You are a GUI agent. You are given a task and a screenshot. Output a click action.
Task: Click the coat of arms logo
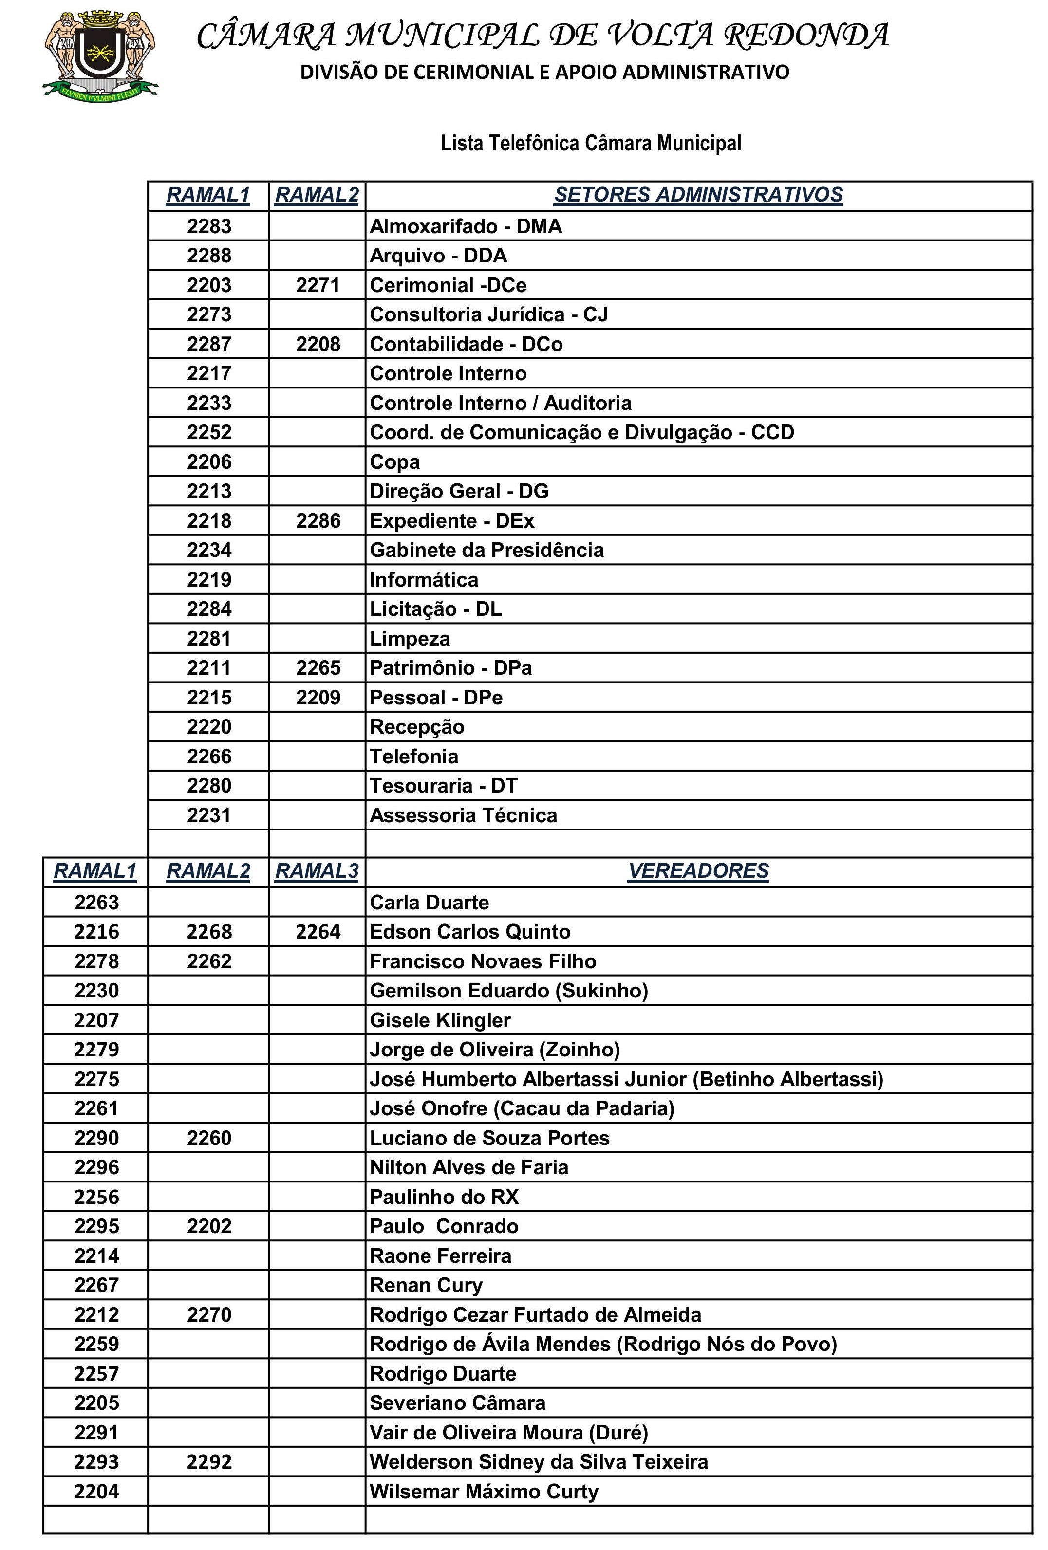point(100,54)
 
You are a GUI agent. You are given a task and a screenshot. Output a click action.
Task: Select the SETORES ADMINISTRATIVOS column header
point(698,195)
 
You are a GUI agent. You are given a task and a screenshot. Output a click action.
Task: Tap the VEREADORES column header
point(698,870)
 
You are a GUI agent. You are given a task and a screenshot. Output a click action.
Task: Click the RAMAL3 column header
point(317,870)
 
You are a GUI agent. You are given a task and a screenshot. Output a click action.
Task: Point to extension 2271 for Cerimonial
point(318,285)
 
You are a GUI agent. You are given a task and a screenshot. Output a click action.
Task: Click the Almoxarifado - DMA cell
point(466,227)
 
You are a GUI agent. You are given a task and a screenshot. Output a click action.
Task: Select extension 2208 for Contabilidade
point(318,344)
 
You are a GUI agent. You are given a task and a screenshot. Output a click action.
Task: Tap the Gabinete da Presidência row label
point(487,550)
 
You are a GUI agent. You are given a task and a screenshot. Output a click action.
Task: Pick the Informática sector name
point(424,580)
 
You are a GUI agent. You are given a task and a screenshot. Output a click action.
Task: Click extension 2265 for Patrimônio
point(318,667)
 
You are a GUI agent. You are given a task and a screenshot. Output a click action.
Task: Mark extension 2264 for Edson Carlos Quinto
point(318,932)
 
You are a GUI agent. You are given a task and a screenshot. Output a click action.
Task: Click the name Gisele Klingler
point(440,1020)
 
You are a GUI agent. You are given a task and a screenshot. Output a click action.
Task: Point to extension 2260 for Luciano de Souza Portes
point(209,1138)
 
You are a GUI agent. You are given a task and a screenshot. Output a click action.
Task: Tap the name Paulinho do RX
point(444,1197)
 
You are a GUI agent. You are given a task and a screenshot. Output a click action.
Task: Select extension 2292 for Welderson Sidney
point(209,1462)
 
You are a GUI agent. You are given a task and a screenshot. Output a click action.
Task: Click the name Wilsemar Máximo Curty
point(484,1491)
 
